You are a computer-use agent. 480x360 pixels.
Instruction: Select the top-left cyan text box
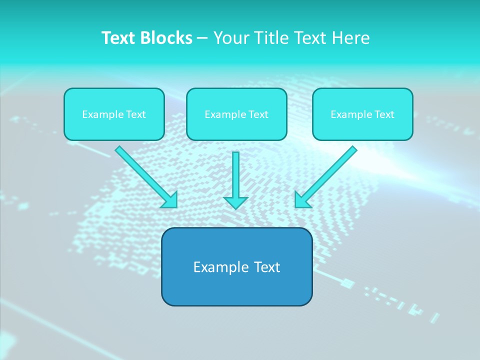114,114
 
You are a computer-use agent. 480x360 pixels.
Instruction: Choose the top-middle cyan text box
236,114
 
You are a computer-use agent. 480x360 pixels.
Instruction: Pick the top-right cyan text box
362,114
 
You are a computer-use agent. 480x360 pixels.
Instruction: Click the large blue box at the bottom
236,266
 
